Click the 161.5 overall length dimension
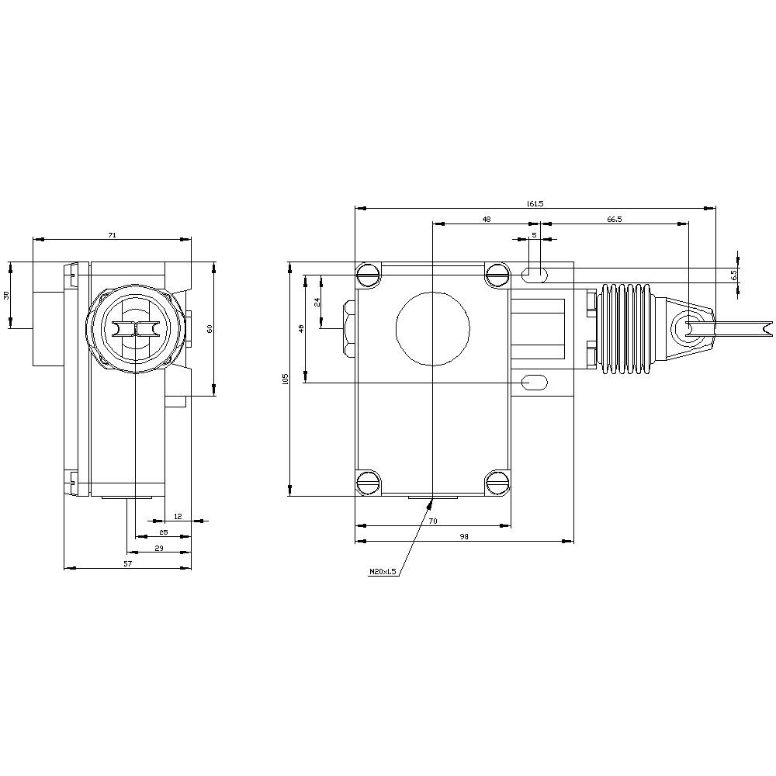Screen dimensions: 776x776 coord(535,203)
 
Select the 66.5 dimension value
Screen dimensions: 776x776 coord(614,220)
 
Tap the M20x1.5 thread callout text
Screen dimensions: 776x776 coord(383,572)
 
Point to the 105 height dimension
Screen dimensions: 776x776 coord(286,379)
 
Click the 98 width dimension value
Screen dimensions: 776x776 coord(464,536)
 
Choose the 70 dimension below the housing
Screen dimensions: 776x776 coord(432,521)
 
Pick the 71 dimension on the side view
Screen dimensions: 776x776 coord(112,234)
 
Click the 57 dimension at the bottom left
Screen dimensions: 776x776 coord(127,563)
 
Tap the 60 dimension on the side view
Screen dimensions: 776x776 coord(209,329)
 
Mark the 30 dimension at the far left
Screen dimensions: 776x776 coord(7,296)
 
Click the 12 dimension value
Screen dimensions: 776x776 coord(178,516)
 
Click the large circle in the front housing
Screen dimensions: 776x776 coord(432,328)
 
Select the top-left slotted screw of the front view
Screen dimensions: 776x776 coord(368,273)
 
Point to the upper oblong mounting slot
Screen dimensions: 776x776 coord(534,273)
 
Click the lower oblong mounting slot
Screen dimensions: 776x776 coord(534,382)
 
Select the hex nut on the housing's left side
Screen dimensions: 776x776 coord(349,328)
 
